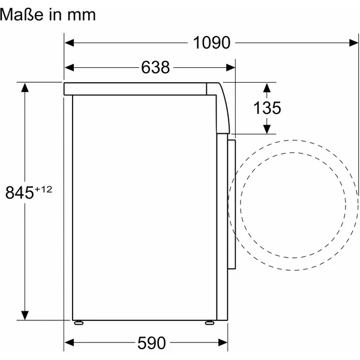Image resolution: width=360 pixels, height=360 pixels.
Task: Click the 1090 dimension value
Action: point(211,43)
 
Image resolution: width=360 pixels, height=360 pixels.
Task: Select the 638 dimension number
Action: point(155,67)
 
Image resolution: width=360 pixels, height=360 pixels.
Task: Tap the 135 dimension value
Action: point(267,107)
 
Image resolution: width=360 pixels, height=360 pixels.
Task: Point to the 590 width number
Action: point(152,343)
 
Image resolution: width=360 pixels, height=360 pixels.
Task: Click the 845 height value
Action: point(20,193)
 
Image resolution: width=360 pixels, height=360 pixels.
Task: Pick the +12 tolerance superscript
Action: point(43,190)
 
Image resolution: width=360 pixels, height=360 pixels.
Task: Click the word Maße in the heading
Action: point(22,14)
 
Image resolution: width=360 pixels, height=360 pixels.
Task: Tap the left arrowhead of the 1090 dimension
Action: point(70,43)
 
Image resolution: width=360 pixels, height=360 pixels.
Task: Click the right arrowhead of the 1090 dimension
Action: point(353,43)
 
